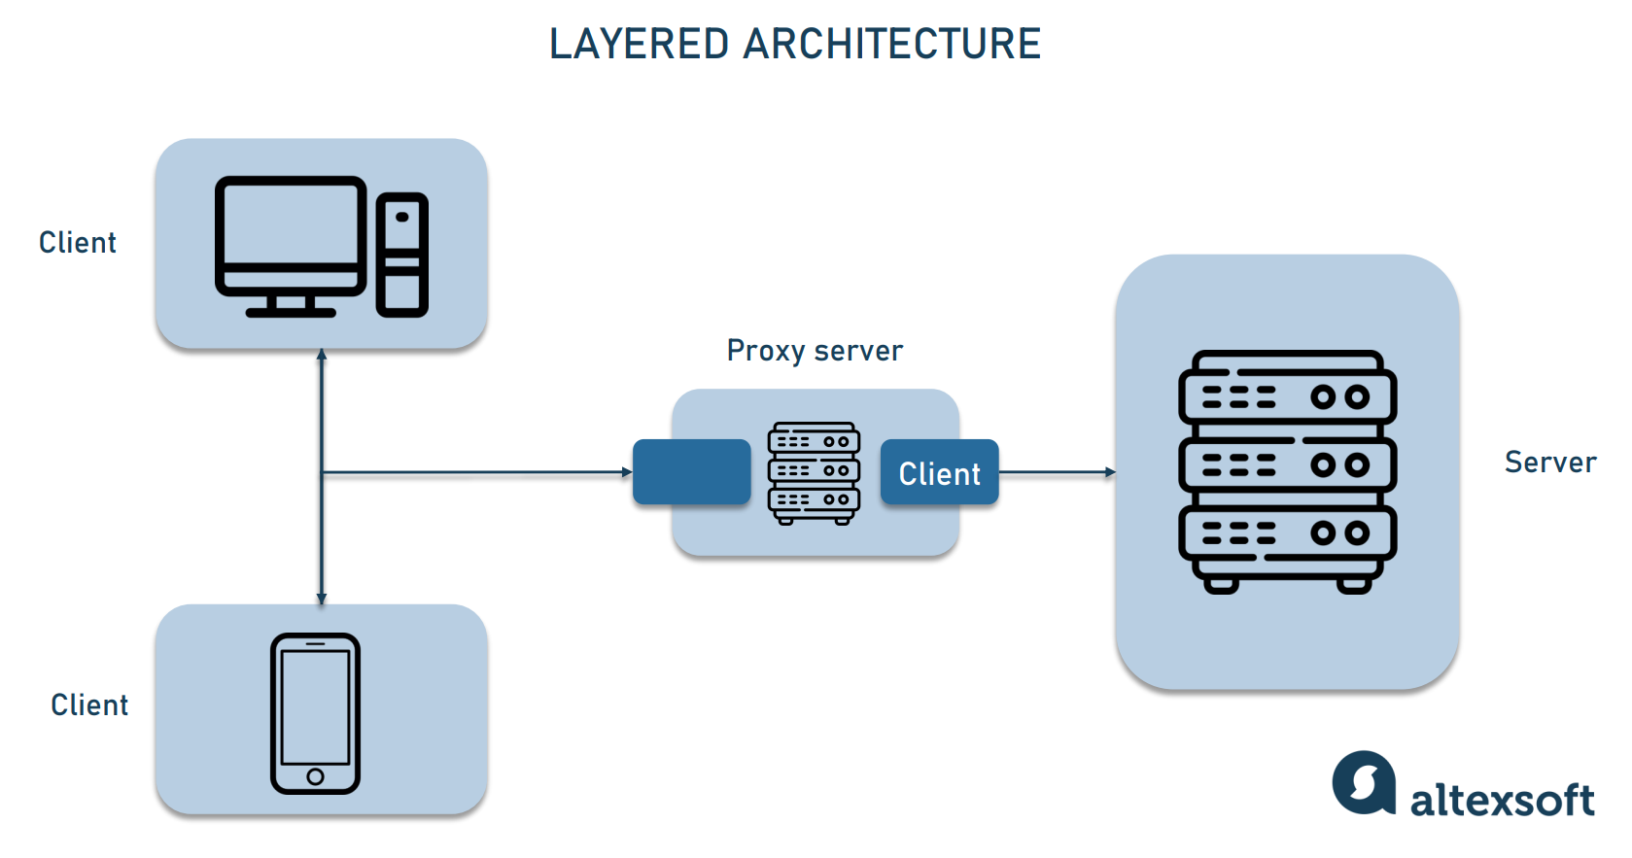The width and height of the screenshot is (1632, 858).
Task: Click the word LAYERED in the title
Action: click(639, 45)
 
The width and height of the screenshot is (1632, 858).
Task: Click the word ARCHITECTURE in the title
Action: click(891, 45)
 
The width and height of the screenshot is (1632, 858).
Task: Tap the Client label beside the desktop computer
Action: click(78, 242)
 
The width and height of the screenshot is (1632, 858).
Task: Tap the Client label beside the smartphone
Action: click(89, 704)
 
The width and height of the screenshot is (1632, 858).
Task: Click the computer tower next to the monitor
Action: click(401, 255)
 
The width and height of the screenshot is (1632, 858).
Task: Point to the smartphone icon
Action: click(315, 713)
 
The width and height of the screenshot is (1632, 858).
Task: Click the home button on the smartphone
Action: click(315, 776)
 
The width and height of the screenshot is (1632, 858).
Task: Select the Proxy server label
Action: click(815, 351)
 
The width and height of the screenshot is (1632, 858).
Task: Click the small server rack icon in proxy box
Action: click(814, 473)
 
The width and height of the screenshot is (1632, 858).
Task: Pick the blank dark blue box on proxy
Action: click(691, 472)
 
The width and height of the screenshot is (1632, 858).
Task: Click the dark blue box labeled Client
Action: click(939, 472)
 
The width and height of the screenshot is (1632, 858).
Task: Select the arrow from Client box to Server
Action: click(1056, 472)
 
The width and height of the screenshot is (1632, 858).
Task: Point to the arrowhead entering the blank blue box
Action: click(627, 472)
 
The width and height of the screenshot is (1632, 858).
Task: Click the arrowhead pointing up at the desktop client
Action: click(322, 355)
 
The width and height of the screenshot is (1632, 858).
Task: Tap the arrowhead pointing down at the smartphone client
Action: click(322, 599)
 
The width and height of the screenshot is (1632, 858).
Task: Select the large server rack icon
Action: click(1287, 471)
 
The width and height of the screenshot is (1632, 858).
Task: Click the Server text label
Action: click(1549, 463)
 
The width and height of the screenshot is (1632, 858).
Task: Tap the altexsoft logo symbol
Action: click(1364, 782)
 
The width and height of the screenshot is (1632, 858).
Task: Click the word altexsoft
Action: click(1502, 800)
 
